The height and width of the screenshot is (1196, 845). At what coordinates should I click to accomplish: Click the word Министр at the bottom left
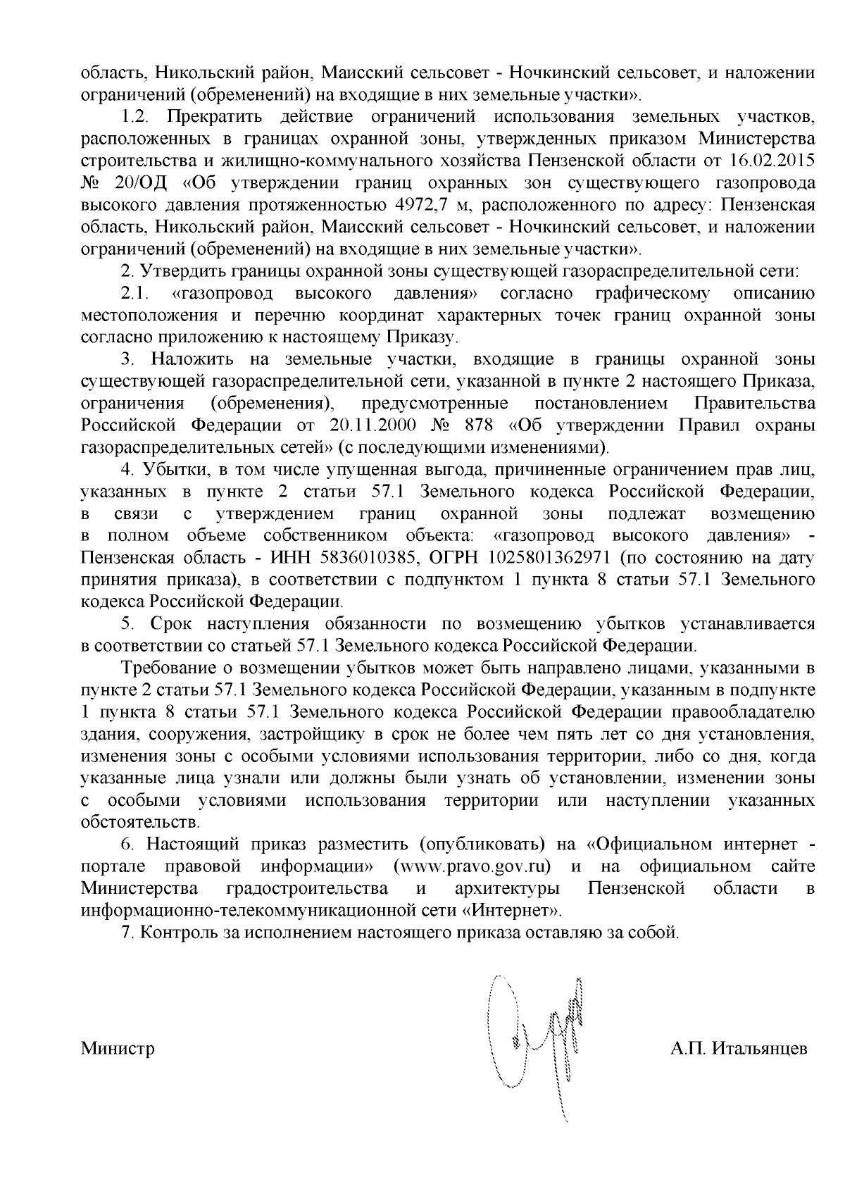118,1049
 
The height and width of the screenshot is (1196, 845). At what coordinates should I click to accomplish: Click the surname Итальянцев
760,1049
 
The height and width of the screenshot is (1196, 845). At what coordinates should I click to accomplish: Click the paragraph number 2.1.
133,293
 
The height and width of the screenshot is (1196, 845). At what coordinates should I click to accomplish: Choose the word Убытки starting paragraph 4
169,470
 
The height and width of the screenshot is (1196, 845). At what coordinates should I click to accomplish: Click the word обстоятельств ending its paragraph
141,822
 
